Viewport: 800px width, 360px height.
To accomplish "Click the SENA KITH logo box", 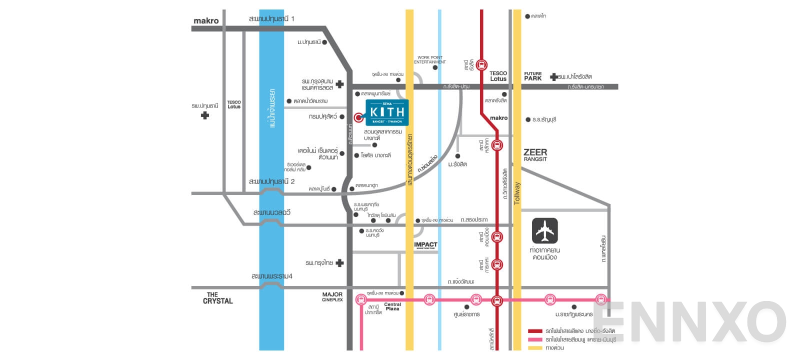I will [387, 112].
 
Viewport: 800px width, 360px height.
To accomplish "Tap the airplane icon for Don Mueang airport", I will [544, 230].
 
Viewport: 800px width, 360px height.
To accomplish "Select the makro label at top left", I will [206, 20].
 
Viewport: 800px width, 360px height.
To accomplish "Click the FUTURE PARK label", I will [532, 76].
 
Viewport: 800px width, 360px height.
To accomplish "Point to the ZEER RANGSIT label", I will [535, 154].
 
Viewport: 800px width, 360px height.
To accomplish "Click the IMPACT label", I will [425, 245].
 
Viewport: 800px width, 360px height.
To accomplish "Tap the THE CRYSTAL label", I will [217, 298].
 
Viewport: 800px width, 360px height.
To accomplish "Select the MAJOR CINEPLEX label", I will [332, 296].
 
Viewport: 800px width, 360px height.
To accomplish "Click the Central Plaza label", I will [392, 306].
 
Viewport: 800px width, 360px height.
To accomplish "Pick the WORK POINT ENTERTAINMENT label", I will [430, 59].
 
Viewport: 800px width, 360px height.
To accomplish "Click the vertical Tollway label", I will [517, 193].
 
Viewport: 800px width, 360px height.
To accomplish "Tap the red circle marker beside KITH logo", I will [358, 117].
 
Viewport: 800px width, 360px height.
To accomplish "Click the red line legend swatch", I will [535, 331].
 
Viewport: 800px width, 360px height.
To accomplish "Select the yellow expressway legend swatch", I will [535, 347].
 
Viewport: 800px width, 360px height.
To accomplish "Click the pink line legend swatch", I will [535, 339].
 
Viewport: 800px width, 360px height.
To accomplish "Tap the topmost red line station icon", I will [481, 64].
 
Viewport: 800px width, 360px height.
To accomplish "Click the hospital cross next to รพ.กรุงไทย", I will [340, 262].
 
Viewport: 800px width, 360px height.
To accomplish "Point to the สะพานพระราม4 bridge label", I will [271, 276].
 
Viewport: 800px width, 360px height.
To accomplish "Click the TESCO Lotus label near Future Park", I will [498, 76].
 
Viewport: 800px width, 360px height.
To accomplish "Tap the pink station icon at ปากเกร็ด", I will [361, 300].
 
